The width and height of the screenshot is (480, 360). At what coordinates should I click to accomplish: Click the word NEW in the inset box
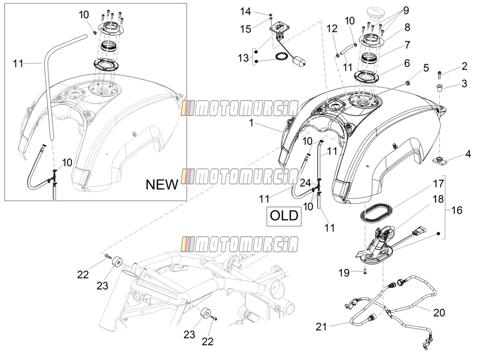click(162, 184)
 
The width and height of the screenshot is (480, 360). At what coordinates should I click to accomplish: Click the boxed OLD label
click(284, 216)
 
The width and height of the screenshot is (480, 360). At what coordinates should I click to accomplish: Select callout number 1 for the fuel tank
click(251, 123)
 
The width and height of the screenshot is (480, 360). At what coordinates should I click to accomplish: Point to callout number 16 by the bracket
click(457, 210)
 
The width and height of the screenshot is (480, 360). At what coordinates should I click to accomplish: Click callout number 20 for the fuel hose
click(439, 313)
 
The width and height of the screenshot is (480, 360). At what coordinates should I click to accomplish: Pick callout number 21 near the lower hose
click(321, 327)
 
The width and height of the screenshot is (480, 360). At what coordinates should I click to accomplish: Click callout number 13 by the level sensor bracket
click(243, 57)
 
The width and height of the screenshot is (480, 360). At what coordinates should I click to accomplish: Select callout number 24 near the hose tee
click(305, 183)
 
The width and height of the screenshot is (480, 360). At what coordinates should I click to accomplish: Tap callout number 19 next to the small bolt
click(344, 273)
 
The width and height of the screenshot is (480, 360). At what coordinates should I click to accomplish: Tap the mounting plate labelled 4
click(439, 160)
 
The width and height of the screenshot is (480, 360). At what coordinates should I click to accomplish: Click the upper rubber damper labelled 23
click(117, 262)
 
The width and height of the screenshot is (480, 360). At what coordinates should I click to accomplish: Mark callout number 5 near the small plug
click(426, 68)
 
